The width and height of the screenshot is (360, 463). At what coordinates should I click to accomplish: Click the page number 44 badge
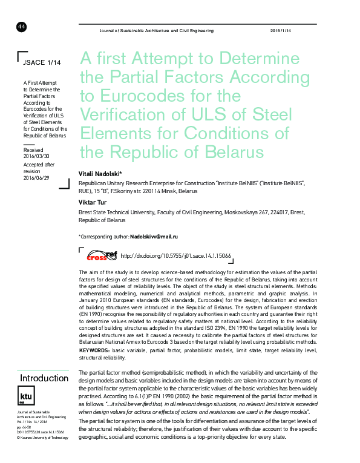coord(21,27)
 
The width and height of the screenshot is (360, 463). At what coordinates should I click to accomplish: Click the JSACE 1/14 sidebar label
coord(42,62)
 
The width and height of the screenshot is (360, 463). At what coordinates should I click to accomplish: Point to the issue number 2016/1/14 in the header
coord(280,30)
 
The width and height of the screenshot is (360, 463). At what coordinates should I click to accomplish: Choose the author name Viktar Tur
coord(94,202)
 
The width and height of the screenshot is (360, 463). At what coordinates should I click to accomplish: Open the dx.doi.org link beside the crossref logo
coord(177,256)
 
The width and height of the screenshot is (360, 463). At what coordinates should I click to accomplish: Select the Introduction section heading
coord(44,378)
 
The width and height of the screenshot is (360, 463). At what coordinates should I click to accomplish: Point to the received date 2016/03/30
coord(36,156)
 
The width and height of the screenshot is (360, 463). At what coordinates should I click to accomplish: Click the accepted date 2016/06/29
coord(36,177)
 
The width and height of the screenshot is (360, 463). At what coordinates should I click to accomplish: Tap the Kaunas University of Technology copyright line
coord(43,437)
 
